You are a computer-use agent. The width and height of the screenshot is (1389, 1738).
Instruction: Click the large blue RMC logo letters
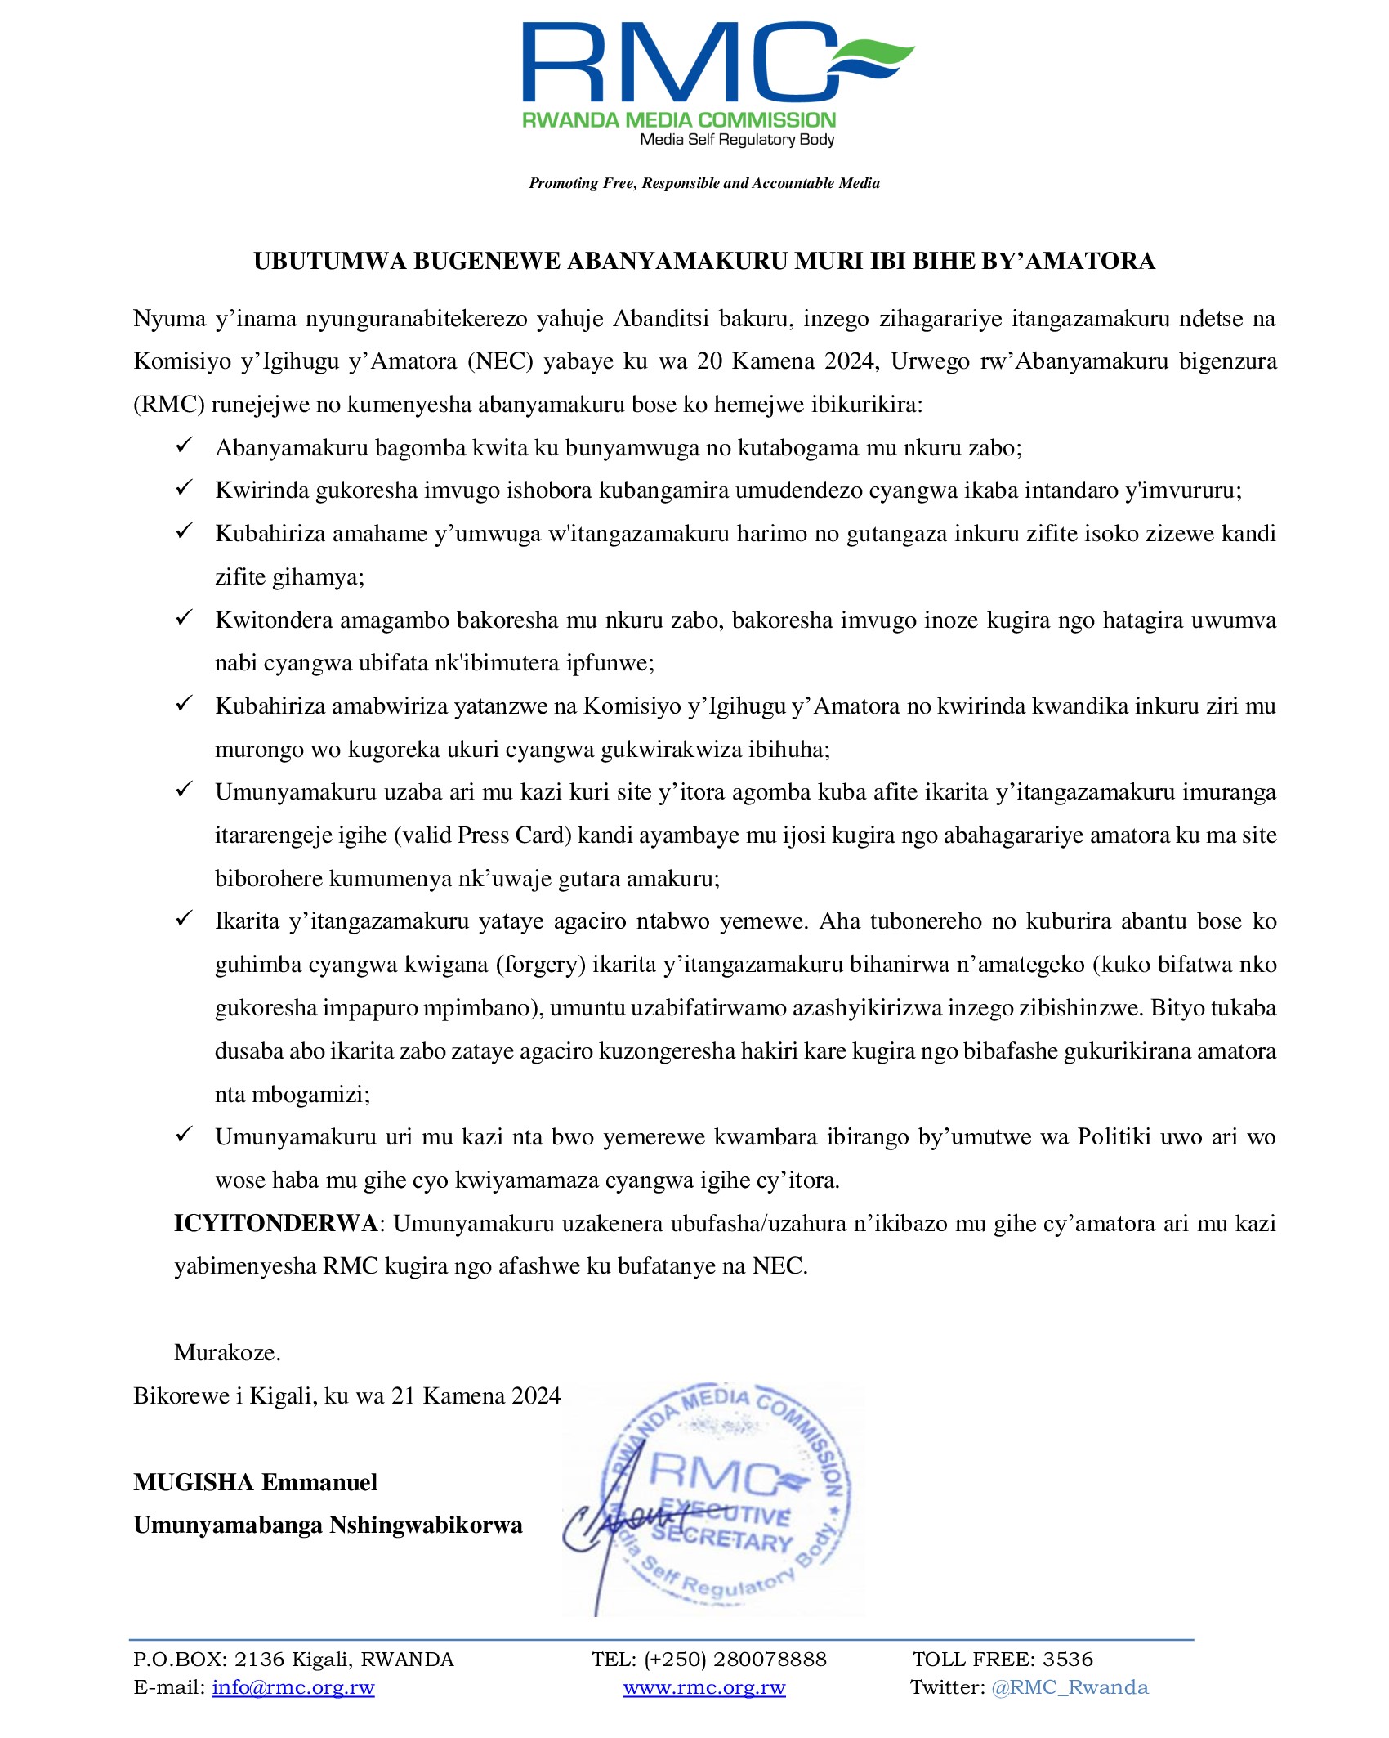click(678, 64)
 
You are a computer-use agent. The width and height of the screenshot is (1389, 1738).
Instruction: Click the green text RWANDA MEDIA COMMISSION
click(679, 120)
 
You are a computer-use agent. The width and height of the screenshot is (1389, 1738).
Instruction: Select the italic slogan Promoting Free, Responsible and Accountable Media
click(703, 183)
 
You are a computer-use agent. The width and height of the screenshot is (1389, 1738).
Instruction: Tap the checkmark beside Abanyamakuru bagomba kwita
click(184, 446)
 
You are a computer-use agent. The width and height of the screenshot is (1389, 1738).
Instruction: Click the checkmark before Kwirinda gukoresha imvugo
click(184, 488)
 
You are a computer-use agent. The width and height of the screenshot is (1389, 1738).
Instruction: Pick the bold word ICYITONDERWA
click(275, 1224)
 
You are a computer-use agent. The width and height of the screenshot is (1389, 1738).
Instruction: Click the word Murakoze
click(227, 1353)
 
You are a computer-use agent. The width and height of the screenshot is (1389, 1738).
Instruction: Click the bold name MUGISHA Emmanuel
click(255, 1482)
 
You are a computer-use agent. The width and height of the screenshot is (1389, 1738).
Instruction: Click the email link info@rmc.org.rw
click(293, 1687)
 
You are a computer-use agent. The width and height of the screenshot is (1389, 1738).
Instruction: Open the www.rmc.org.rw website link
click(703, 1687)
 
